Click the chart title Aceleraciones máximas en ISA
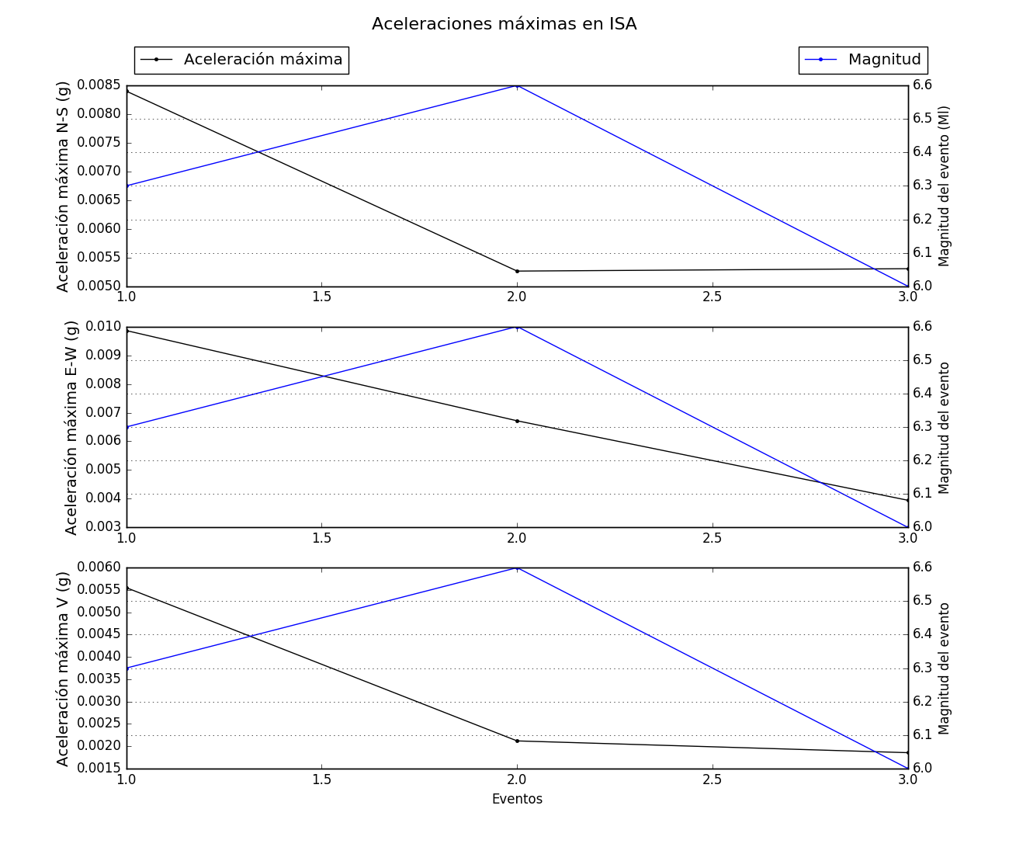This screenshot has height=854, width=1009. click(504, 24)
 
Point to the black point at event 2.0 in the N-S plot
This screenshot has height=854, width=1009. click(517, 271)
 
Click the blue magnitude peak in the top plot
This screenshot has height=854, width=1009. click(517, 86)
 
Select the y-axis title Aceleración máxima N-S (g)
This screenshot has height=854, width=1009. click(64, 186)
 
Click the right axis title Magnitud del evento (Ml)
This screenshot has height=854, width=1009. click(945, 186)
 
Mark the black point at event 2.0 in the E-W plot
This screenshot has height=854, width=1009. click(517, 421)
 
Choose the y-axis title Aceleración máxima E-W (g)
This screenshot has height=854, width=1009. click(71, 428)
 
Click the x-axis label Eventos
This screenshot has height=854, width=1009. click(517, 799)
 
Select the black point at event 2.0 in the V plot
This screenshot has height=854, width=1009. click(517, 741)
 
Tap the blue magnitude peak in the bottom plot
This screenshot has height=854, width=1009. click(517, 568)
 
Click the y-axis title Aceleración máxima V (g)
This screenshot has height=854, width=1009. click(64, 668)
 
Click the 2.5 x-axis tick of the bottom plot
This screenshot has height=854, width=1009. click(712, 779)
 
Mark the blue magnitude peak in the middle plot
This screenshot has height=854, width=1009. click(517, 327)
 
